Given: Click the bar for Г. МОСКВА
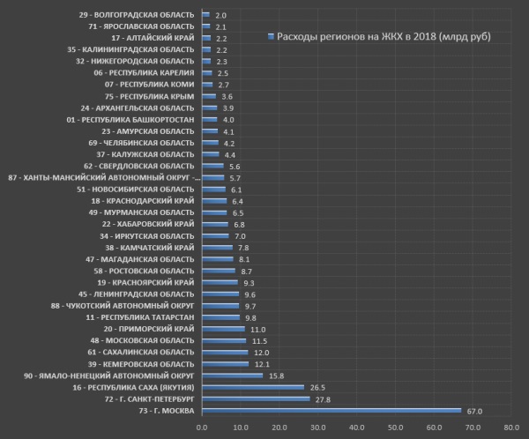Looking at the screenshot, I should point(332,410).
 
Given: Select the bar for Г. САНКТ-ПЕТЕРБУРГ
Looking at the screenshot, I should point(256,398).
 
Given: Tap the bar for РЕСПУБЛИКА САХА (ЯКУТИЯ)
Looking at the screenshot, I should point(253,387).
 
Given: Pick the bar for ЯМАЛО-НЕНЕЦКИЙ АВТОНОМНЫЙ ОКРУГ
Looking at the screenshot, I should point(232,376).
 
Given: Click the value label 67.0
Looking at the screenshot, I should point(474,410).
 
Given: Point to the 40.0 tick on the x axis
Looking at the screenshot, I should point(356,428).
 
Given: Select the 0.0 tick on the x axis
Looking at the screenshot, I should point(202,428).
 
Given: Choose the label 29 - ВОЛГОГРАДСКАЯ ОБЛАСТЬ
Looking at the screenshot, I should point(137,16).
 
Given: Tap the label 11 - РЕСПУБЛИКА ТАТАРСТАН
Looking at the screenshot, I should point(140,316).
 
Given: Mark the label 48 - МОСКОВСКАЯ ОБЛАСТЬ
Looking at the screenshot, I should point(142,340).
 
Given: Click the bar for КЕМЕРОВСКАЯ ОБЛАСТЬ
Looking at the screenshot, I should point(225,364).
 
